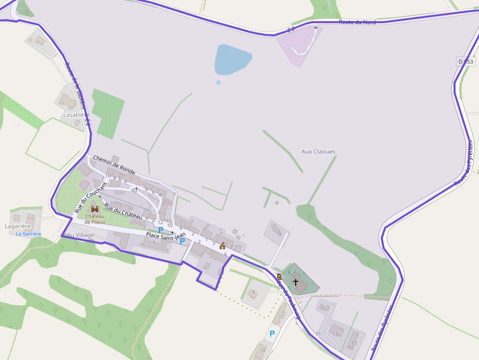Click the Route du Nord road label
357,22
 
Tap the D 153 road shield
466,62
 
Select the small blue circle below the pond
218,83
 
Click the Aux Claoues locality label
319,151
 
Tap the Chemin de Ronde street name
114,165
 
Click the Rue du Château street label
123,209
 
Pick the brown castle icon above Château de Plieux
95,209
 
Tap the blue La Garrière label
28,234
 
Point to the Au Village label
81,235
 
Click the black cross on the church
296,282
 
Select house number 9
280,234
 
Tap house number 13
335,334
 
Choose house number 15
354,343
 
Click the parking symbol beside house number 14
272,334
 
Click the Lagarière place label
18,226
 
